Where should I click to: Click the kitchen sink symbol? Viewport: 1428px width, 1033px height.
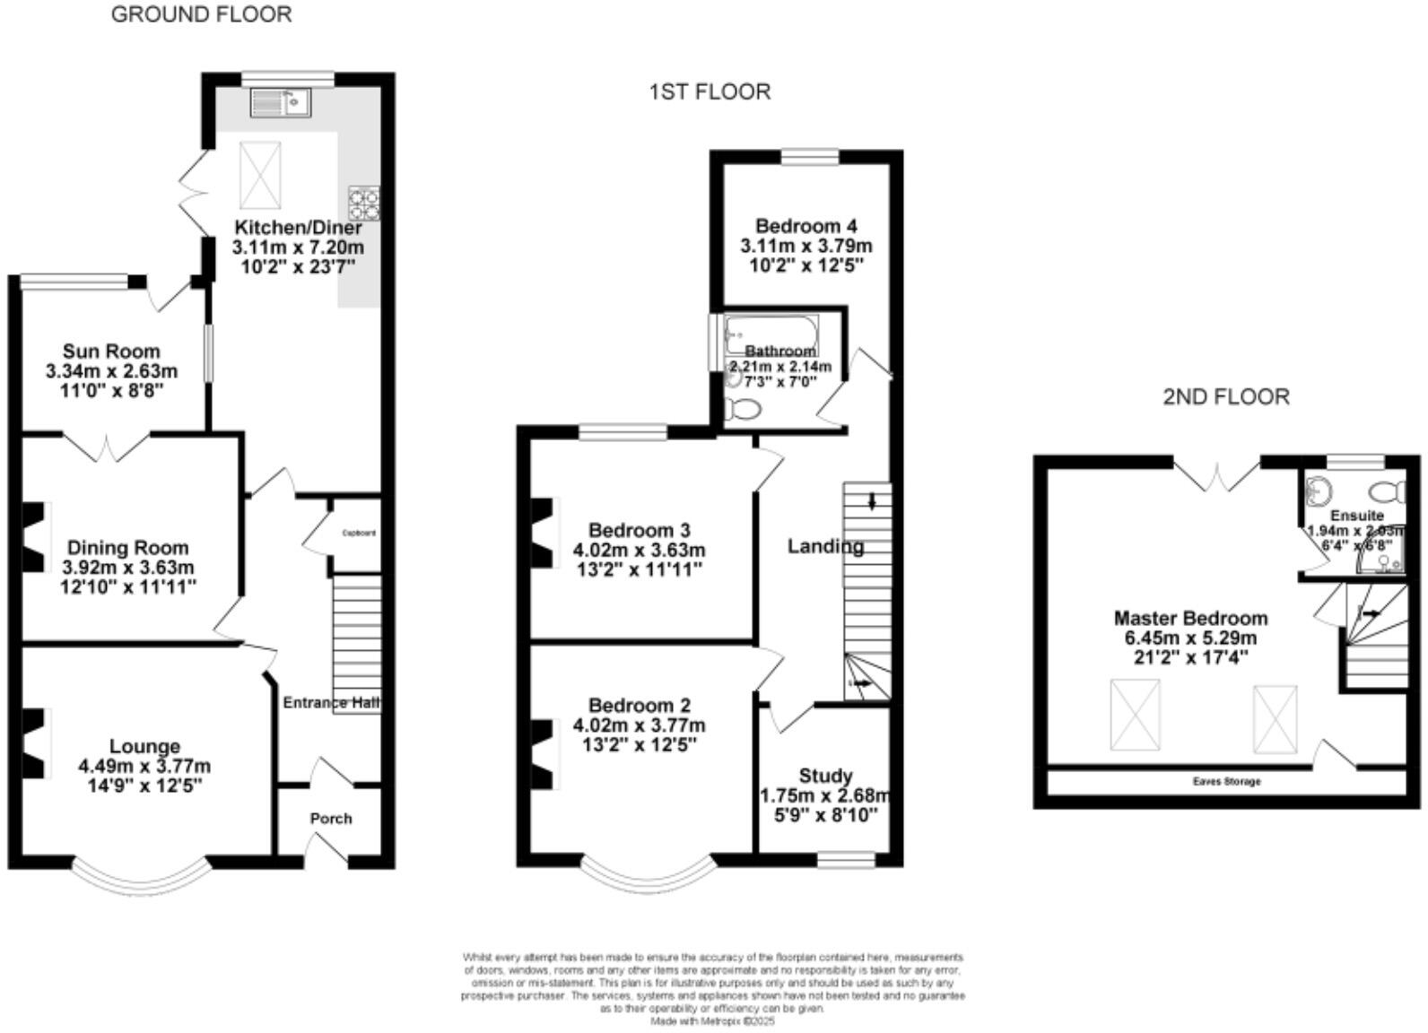(279, 103)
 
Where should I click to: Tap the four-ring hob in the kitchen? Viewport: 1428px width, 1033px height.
(363, 203)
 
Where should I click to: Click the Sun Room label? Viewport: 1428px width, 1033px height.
(111, 351)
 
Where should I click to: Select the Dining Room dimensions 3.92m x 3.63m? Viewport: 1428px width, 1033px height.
(128, 568)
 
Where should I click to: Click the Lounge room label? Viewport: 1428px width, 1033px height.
(144, 746)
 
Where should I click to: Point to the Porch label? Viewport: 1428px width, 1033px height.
(331, 818)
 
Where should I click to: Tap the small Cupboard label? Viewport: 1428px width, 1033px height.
(359, 533)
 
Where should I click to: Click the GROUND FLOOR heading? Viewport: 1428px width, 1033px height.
(201, 14)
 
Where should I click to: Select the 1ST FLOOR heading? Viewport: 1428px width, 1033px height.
(710, 91)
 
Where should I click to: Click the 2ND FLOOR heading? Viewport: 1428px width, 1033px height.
(1226, 396)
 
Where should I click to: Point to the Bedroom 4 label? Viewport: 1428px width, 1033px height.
(805, 226)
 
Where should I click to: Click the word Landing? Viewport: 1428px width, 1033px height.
(825, 546)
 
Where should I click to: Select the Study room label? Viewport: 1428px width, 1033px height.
(825, 776)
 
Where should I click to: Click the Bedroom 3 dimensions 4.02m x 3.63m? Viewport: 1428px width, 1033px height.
(639, 550)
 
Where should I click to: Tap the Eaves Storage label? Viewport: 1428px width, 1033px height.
(1226, 782)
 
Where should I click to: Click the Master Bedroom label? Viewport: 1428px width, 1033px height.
(1190, 618)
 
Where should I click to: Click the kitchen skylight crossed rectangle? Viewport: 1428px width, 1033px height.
(260, 172)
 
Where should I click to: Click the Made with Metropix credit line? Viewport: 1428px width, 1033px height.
(712, 1020)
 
